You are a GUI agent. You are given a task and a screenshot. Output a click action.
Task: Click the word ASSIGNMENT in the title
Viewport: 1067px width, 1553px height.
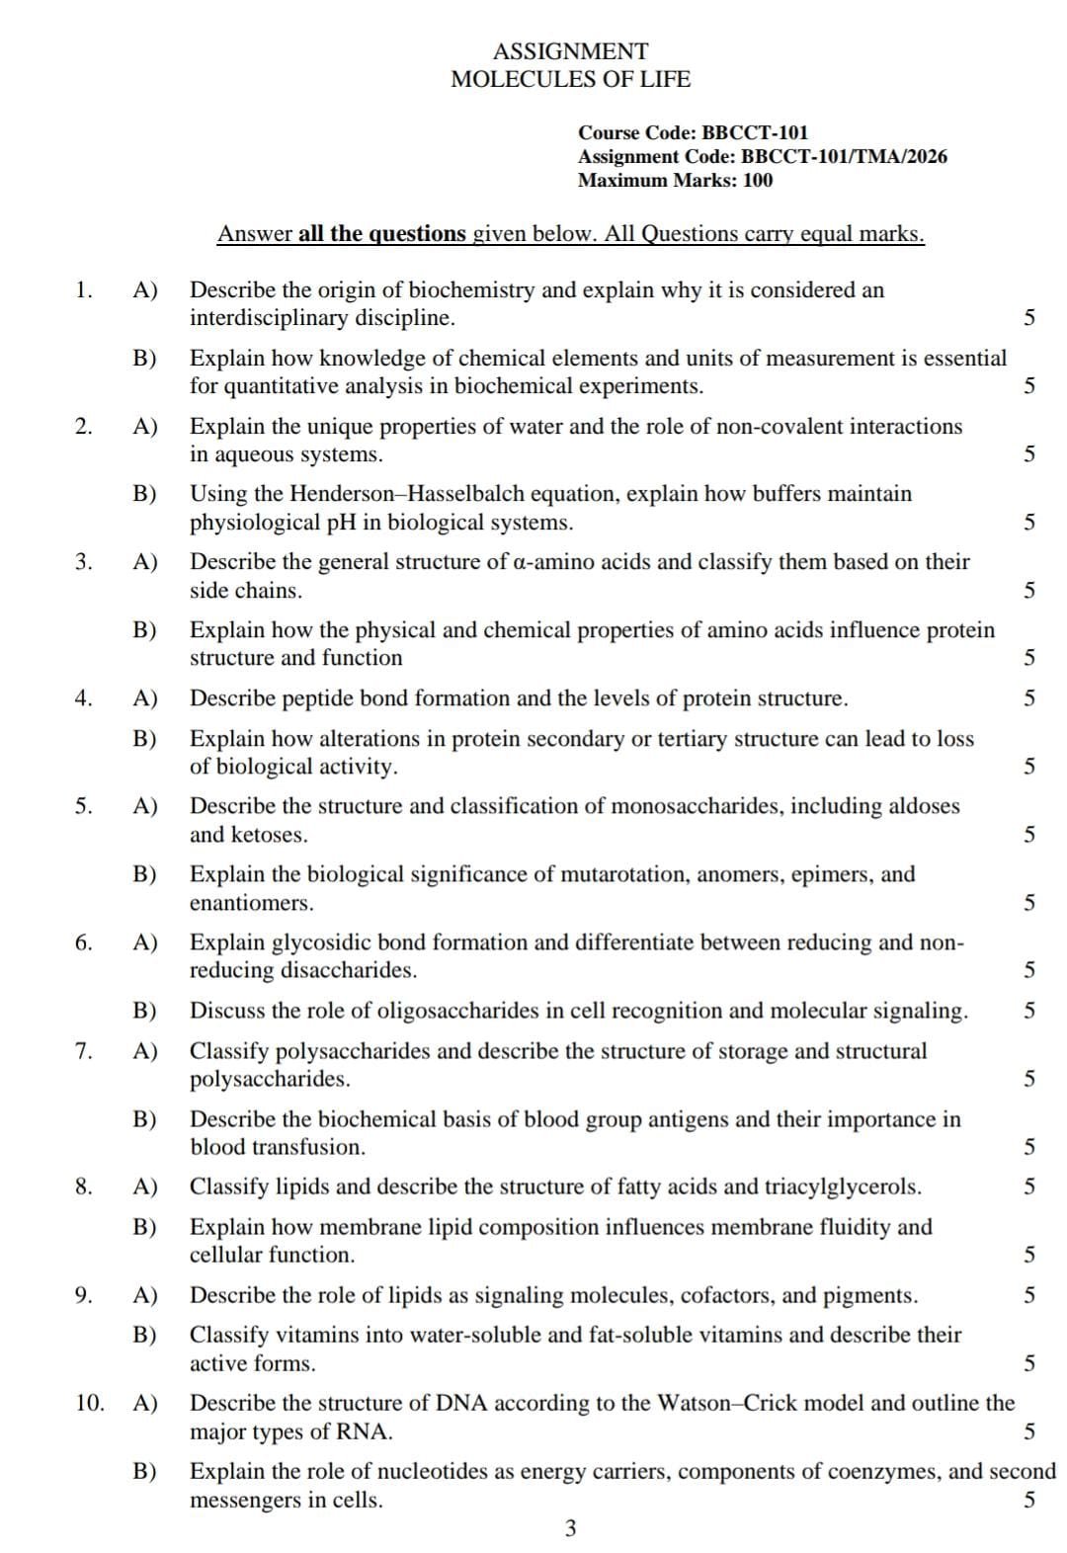point(570,51)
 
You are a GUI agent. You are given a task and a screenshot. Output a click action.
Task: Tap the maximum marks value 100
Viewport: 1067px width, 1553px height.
point(758,181)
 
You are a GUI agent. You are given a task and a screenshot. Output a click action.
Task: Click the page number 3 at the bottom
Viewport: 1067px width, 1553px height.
point(570,1529)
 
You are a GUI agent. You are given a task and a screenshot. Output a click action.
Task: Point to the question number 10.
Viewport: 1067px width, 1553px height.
point(89,1403)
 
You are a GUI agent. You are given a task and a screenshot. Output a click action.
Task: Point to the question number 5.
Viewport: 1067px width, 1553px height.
point(84,806)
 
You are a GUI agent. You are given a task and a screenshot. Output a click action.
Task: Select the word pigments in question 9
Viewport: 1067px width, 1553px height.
point(873,1295)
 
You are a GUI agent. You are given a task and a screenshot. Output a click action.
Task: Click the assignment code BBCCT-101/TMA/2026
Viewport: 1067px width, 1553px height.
point(844,156)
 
